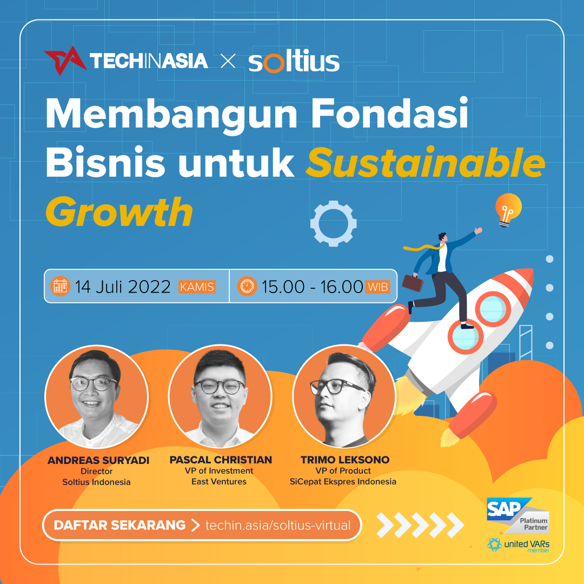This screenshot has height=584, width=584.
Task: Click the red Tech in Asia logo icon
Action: pos(65,61)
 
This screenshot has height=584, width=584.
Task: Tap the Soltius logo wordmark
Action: pos(294,61)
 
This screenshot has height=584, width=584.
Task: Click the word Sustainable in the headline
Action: pos(426,163)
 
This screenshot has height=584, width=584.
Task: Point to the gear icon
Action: pos(333,223)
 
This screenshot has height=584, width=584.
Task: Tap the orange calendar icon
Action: pos(61,287)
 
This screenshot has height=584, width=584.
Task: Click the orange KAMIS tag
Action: pos(197,287)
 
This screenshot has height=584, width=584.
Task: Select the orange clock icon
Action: pos(247,287)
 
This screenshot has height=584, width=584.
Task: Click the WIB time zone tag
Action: pos(378,287)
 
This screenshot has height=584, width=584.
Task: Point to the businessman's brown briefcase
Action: pos(413,283)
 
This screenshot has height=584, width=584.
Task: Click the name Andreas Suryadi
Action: pos(98,460)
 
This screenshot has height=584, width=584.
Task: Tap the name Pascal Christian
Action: pos(221,460)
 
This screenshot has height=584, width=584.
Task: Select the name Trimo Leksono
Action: pos(345,460)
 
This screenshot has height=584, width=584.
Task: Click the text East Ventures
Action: pos(219,482)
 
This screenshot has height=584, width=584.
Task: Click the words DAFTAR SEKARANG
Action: pos(120,525)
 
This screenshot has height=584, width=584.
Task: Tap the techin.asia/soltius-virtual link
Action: pos(278,525)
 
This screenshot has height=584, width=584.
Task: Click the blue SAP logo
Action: pos(506,509)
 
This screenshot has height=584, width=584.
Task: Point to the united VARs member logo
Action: pos(518,545)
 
